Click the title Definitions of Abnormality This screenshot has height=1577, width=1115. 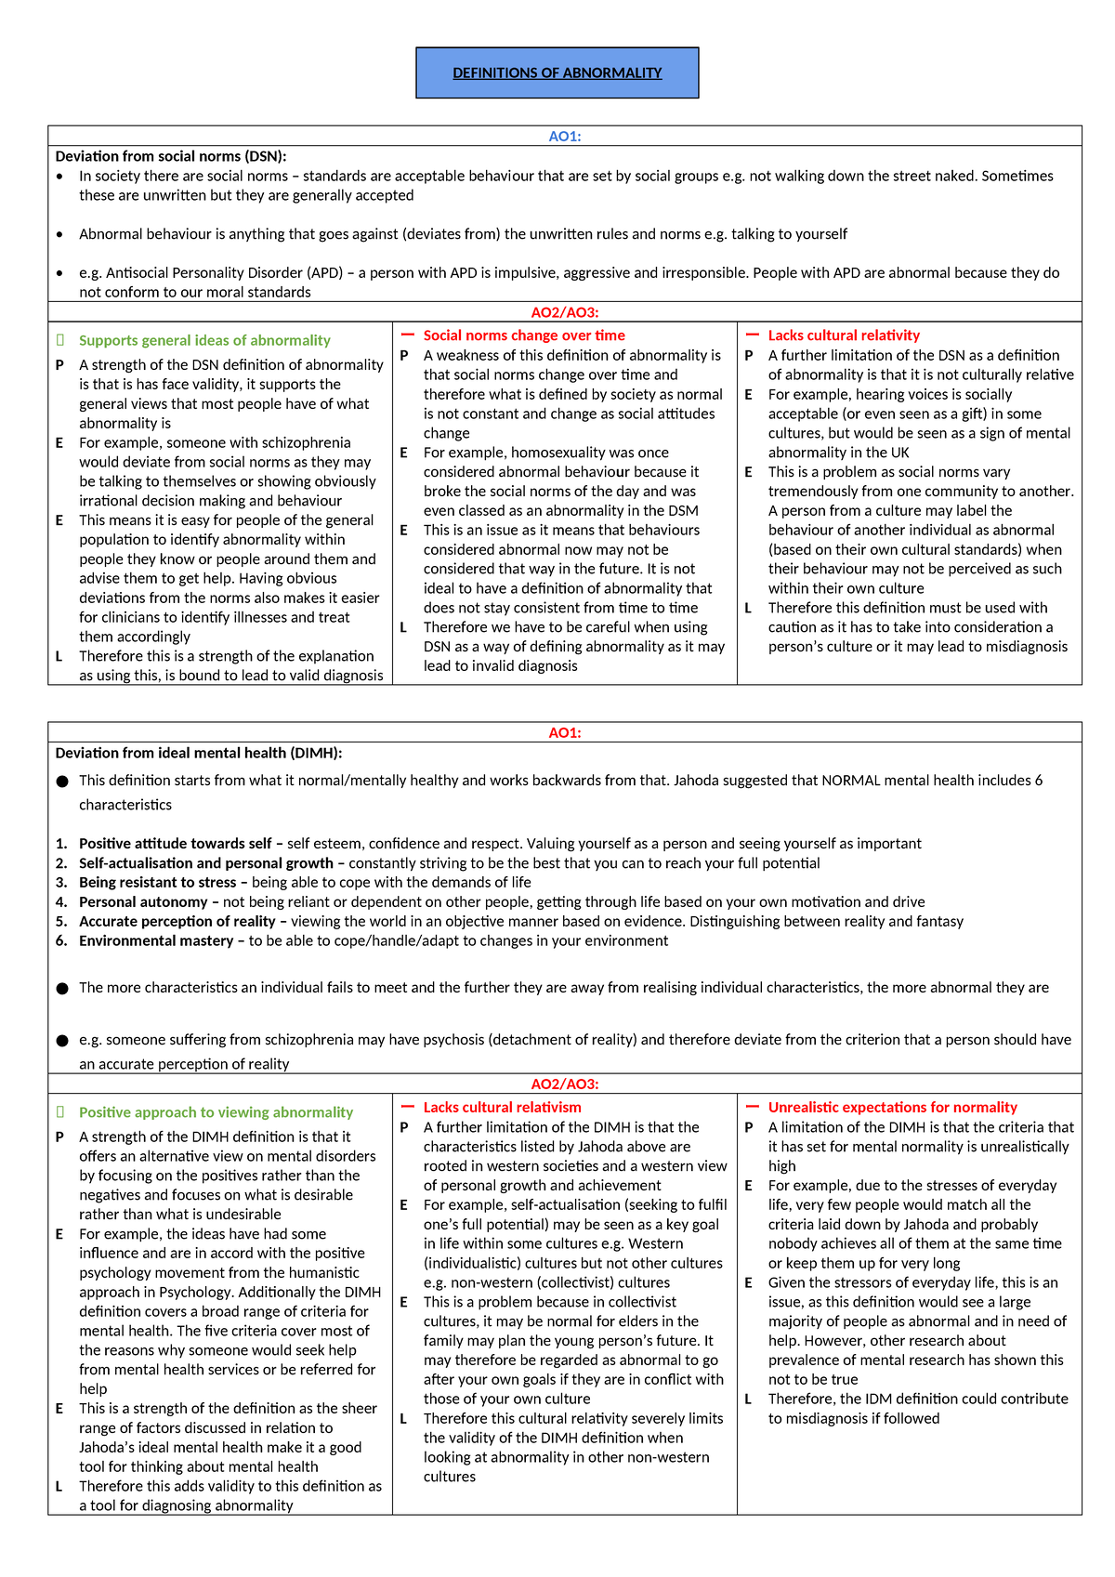pos(557,72)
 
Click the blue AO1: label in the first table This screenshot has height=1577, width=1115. pos(564,136)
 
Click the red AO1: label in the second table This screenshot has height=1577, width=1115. pos(564,732)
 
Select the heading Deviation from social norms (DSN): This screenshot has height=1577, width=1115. pos(171,156)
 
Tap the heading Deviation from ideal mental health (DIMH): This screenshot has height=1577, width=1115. pos(199,753)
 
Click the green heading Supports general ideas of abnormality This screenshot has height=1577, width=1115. pos(204,340)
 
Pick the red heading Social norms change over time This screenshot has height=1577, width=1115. pos(524,335)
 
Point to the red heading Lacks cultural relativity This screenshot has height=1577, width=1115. pos(844,335)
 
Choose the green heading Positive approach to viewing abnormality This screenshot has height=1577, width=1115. pos(216,1112)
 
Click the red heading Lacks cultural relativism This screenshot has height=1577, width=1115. pos(502,1107)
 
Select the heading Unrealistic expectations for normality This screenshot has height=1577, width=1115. pos(892,1107)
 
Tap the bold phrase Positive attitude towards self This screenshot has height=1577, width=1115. pos(175,844)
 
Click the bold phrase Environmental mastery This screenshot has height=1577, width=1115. pos(155,940)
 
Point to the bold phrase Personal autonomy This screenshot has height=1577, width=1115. pos(143,901)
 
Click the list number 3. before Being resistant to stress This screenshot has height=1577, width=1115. pos(61,883)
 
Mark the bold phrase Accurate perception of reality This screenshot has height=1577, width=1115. pos(177,921)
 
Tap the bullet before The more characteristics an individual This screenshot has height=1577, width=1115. pos(62,988)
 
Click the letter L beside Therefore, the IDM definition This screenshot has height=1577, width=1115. pos(749,1399)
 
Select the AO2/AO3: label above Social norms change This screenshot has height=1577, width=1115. pos(564,312)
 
